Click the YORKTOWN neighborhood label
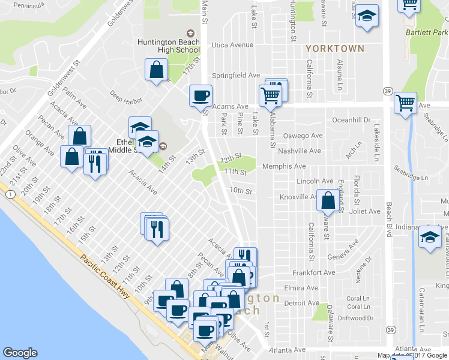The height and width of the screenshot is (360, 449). [334, 49]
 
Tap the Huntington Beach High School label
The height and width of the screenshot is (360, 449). [164, 46]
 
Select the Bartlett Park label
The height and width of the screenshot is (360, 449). [427, 31]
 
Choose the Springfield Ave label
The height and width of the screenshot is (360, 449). [236, 76]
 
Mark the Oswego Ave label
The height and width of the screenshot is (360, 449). [303, 136]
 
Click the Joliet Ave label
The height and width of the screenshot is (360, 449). [366, 211]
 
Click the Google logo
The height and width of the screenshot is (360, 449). [20, 353]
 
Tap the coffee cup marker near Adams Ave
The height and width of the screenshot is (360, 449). [200, 95]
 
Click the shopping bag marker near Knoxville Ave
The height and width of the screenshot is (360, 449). [328, 201]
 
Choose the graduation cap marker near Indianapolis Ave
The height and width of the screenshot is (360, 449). [429, 237]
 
